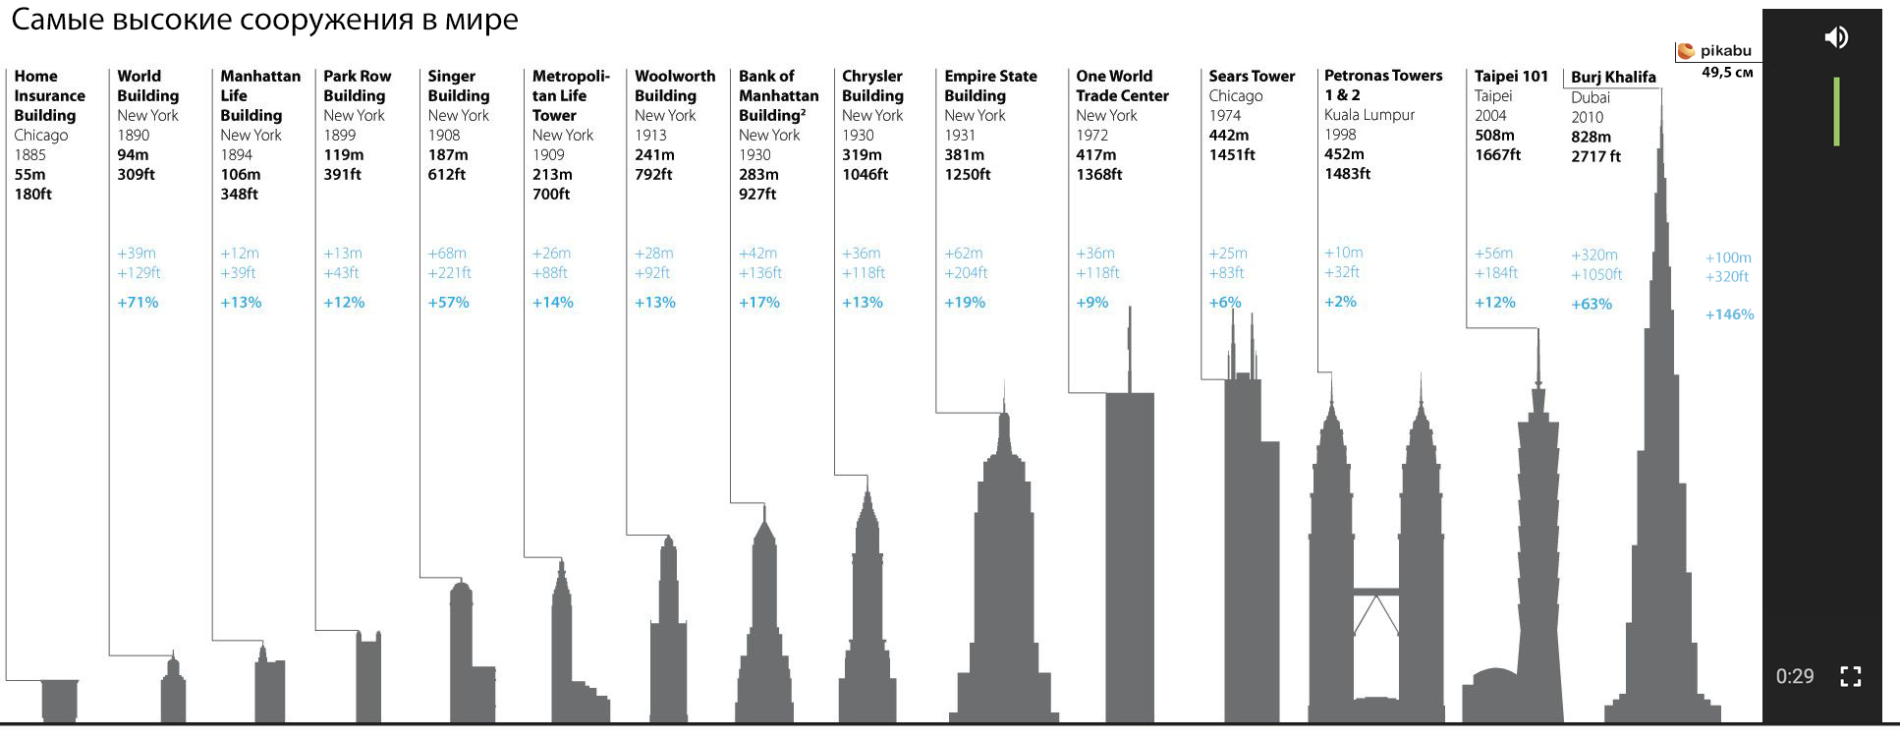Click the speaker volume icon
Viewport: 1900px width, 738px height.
[x=1835, y=37]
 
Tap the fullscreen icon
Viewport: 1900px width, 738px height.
[x=1850, y=676]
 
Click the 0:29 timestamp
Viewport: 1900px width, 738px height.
[x=1794, y=676]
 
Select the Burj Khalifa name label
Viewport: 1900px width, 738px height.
[x=1613, y=77]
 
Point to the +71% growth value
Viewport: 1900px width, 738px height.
[x=138, y=303]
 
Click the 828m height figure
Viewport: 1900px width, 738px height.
[x=1591, y=137]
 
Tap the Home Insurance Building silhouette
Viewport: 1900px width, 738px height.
[x=60, y=700]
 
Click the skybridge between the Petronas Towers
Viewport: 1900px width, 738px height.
[x=1375, y=592]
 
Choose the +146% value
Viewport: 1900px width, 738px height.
[x=1729, y=315]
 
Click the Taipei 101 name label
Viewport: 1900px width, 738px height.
[x=1511, y=76]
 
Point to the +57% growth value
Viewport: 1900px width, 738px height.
[x=448, y=303]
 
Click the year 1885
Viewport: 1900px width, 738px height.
[x=29, y=154]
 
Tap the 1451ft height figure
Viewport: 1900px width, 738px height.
[x=1232, y=154]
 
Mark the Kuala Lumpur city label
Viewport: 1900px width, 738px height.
[x=1369, y=115]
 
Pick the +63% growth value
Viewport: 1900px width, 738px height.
[x=1592, y=305]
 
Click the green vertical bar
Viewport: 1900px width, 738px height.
[x=1836, y=112]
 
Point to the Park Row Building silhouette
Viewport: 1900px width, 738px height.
[x=368, y=678]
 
